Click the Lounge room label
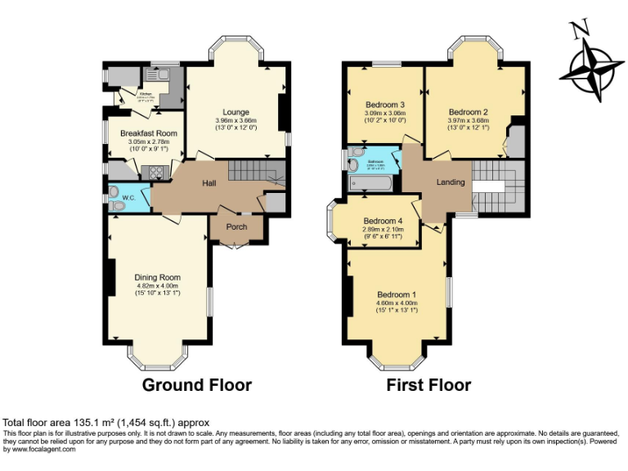pyautogui.click(x=235, y=112)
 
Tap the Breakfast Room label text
pyautogui.click(x=149, y=133)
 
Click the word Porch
pyautogui.click(x=236, y=227)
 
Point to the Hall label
pyautogui.click(x=209, y=184)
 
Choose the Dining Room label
pyautogui.click(x=157, y=277)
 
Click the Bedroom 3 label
pyautogui.click(x=384, y=105)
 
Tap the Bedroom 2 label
pyautogui.click(x=468, y=112)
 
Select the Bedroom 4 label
pyautogui.click(x=383, y=221)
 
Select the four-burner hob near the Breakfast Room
pyautogui.click(x=151, y=173)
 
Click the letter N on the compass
pyautogui.click(x=580, y=30)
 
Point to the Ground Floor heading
pyautogui.click(x=197, y=384)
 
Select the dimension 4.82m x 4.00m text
pyautogui.click(x=157, y=285)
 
